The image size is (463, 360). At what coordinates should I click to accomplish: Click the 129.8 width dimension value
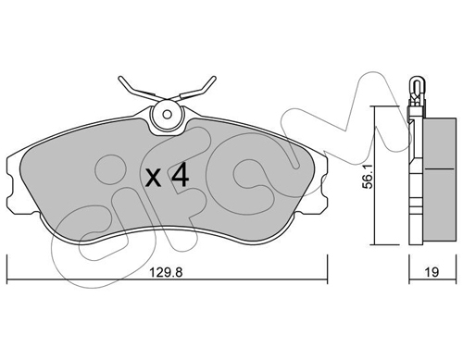[x=167, y=272]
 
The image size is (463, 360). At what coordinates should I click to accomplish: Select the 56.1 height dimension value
[x=369, y=177]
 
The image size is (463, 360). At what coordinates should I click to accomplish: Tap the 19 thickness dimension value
[x=432, y=272]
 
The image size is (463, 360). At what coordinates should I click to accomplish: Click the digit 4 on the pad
[x=181, y=176]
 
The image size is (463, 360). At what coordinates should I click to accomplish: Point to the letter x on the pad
[x=153, y=179]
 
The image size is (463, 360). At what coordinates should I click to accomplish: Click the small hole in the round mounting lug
[x=168, y=115]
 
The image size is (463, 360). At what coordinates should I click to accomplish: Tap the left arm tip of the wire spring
[x=120, y=78]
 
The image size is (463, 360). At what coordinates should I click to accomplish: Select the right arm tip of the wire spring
[x=214, y=78]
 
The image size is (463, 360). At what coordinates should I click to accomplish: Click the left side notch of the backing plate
[x=11, y=188]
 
